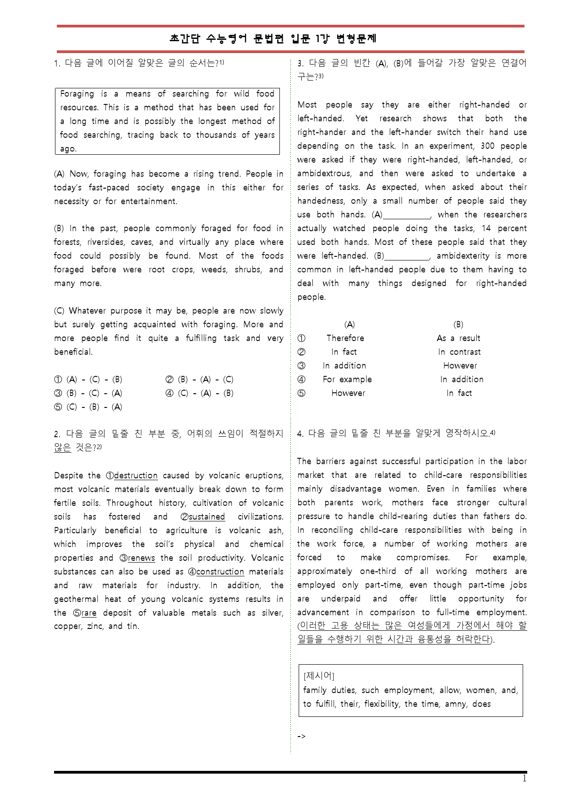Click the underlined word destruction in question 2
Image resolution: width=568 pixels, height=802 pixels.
pyautogui.click(x=136, y=476)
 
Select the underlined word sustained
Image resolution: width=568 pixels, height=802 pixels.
pyautogui.click(x=207, y=517)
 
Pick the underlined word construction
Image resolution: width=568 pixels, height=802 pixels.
pyautogui.click(x=220, y=572)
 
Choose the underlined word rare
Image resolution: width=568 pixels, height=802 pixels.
pyautogui.click(x=89, y=613)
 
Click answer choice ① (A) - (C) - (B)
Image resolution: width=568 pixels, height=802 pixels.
pyautogui.click(x=88, y=379)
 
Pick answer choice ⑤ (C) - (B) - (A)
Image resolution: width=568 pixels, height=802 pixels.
pyautogui.click(x=88, y=407)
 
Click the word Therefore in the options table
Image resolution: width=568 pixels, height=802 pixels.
pyautogui.click(x=345, y=338)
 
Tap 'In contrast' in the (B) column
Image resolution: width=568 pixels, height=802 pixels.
pyautogui.click(x=459, y=352)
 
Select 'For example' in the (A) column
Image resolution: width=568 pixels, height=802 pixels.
pyautogui.click(x=347, y=379)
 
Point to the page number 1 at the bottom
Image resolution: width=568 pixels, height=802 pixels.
pyautogui.click(x=524, y=779)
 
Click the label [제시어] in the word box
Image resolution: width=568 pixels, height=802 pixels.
pyautogui.click(x=319, y=676)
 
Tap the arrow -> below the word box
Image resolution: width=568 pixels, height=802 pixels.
pyautogui.click(x=301, y=737)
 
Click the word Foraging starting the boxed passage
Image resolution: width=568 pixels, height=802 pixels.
pyautogui.click(x=77, y=94)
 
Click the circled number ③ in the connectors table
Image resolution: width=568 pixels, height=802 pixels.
pyautogui.click(x=301, y=366)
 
